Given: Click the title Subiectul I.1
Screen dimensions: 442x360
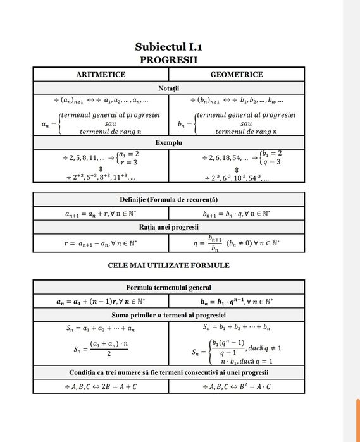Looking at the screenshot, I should click(x=168, y=47).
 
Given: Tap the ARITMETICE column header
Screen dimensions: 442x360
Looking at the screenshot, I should click(x=101, y=75).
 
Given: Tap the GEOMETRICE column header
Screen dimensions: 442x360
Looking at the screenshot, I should click(x=236, y=75).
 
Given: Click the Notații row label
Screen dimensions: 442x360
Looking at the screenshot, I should click(x=168, y=88).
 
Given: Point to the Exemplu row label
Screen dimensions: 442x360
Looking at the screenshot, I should click(x=168, y=142).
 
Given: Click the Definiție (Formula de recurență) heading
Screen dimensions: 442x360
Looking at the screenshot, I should click(x=168, y=200).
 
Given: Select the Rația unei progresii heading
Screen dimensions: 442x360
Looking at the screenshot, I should click(x=168, y=227).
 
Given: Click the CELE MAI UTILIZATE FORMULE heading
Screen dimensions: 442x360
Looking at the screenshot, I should click(x=168, y=266).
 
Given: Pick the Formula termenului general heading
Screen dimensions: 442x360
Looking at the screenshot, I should click(x=168, y=287).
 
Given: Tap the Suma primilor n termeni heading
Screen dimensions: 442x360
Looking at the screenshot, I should click(x=168, y=314).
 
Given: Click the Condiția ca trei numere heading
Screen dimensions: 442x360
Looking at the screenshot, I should click(x=168, y=371).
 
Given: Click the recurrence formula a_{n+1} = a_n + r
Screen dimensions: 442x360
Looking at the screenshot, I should click(x=101, y=214).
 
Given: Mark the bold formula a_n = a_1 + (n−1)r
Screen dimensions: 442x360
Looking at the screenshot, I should click(x=101, y=300).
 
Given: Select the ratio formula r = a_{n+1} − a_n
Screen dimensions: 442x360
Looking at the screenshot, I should click(x=101, y=242).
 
